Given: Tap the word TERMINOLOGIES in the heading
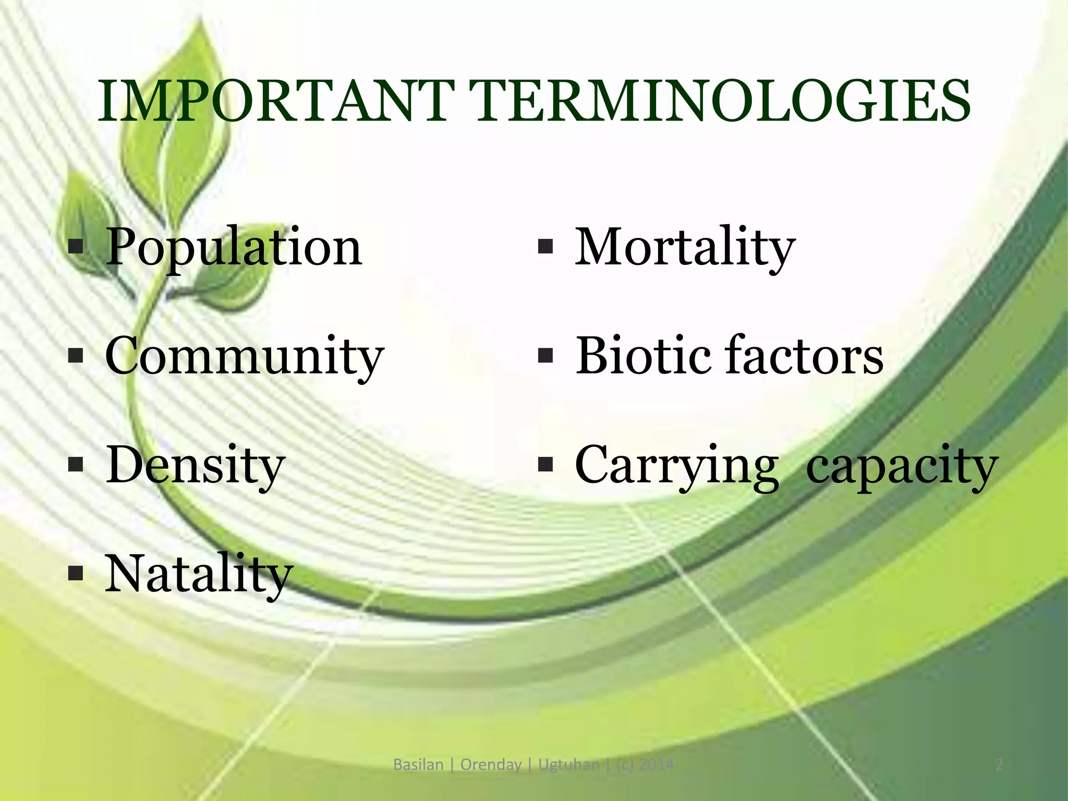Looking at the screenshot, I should pyautogui.click(x=720, y=102).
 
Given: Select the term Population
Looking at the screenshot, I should pyautogui.click(x=234, y=247).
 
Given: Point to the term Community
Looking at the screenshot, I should pyautogui.click(x=244, y=357).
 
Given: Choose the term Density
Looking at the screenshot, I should pyautogui.click(x=195, y=465).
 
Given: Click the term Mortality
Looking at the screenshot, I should pyautogui.click(x=685, y=247).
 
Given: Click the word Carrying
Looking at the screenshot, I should pyautogui.click(x=676, y=466).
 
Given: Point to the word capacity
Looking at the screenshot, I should pyautogui.click(x=902, y=466).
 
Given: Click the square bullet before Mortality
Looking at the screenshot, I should pyautogui.click(x=544, y=246).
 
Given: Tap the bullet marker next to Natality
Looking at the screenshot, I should pyautogui.click(x=76, y=574).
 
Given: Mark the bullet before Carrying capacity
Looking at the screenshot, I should pyautogui.click(x=544, y=464).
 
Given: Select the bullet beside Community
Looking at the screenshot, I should pyautogui.click(x=76, y=356).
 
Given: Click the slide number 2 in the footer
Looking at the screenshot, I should pyautogui.click(x=999, y=765).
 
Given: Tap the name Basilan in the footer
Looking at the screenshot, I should pyautogui.click(x=418, y=765).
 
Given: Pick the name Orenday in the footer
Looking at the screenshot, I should pyautogui.click(x=491, y=765).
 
